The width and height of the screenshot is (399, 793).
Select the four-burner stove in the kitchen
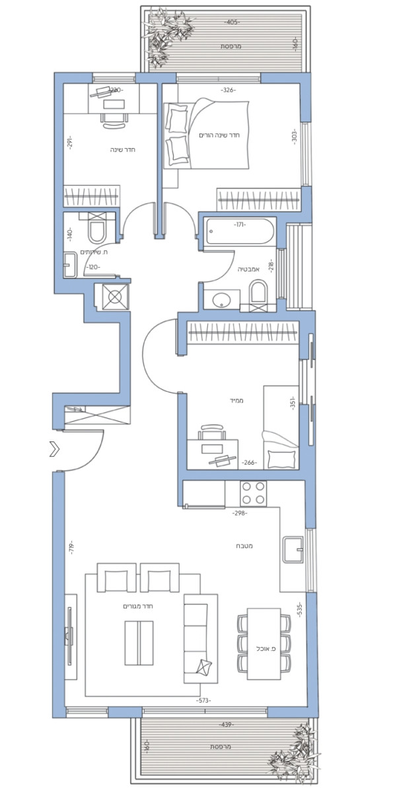click(x=253, y=492)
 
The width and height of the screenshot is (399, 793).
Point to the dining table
click(x=264, y=644)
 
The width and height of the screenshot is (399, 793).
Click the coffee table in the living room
click(x=139, y=643)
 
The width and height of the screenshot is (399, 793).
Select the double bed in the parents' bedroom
click(x=205, y=132)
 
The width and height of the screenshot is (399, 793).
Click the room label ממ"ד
click(x=238, y=400)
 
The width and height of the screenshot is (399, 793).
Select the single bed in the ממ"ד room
click(x=280, y=428)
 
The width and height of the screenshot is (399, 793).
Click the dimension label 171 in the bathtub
click(x=239, y=225)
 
